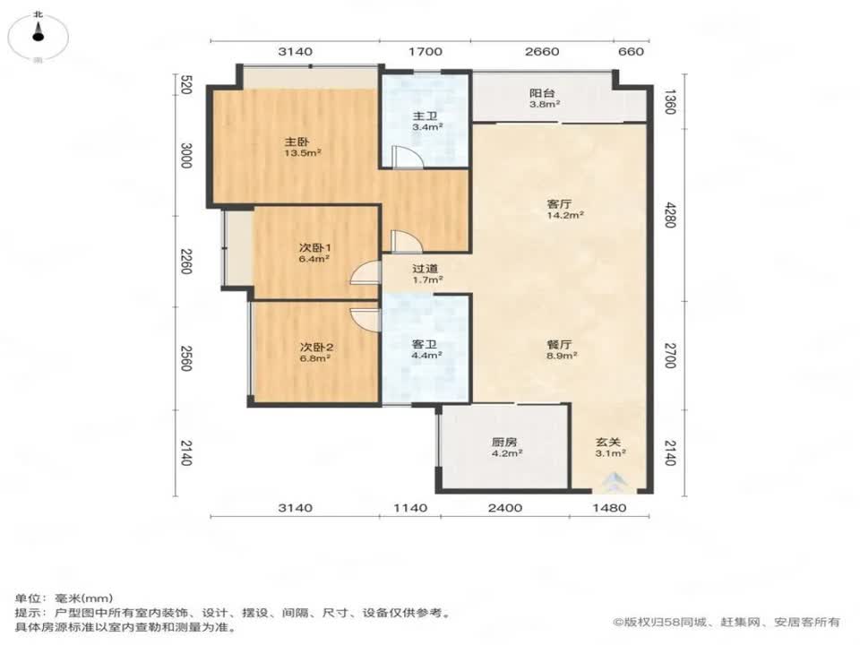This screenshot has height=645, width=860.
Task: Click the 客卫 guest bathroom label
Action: point(426,348)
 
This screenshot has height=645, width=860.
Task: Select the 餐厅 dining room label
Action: point(561,348)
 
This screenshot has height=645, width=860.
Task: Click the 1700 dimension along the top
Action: point(426,52)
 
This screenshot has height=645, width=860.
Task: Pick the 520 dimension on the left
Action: point(186,87)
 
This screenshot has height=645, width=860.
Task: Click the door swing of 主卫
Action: point(405,158)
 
